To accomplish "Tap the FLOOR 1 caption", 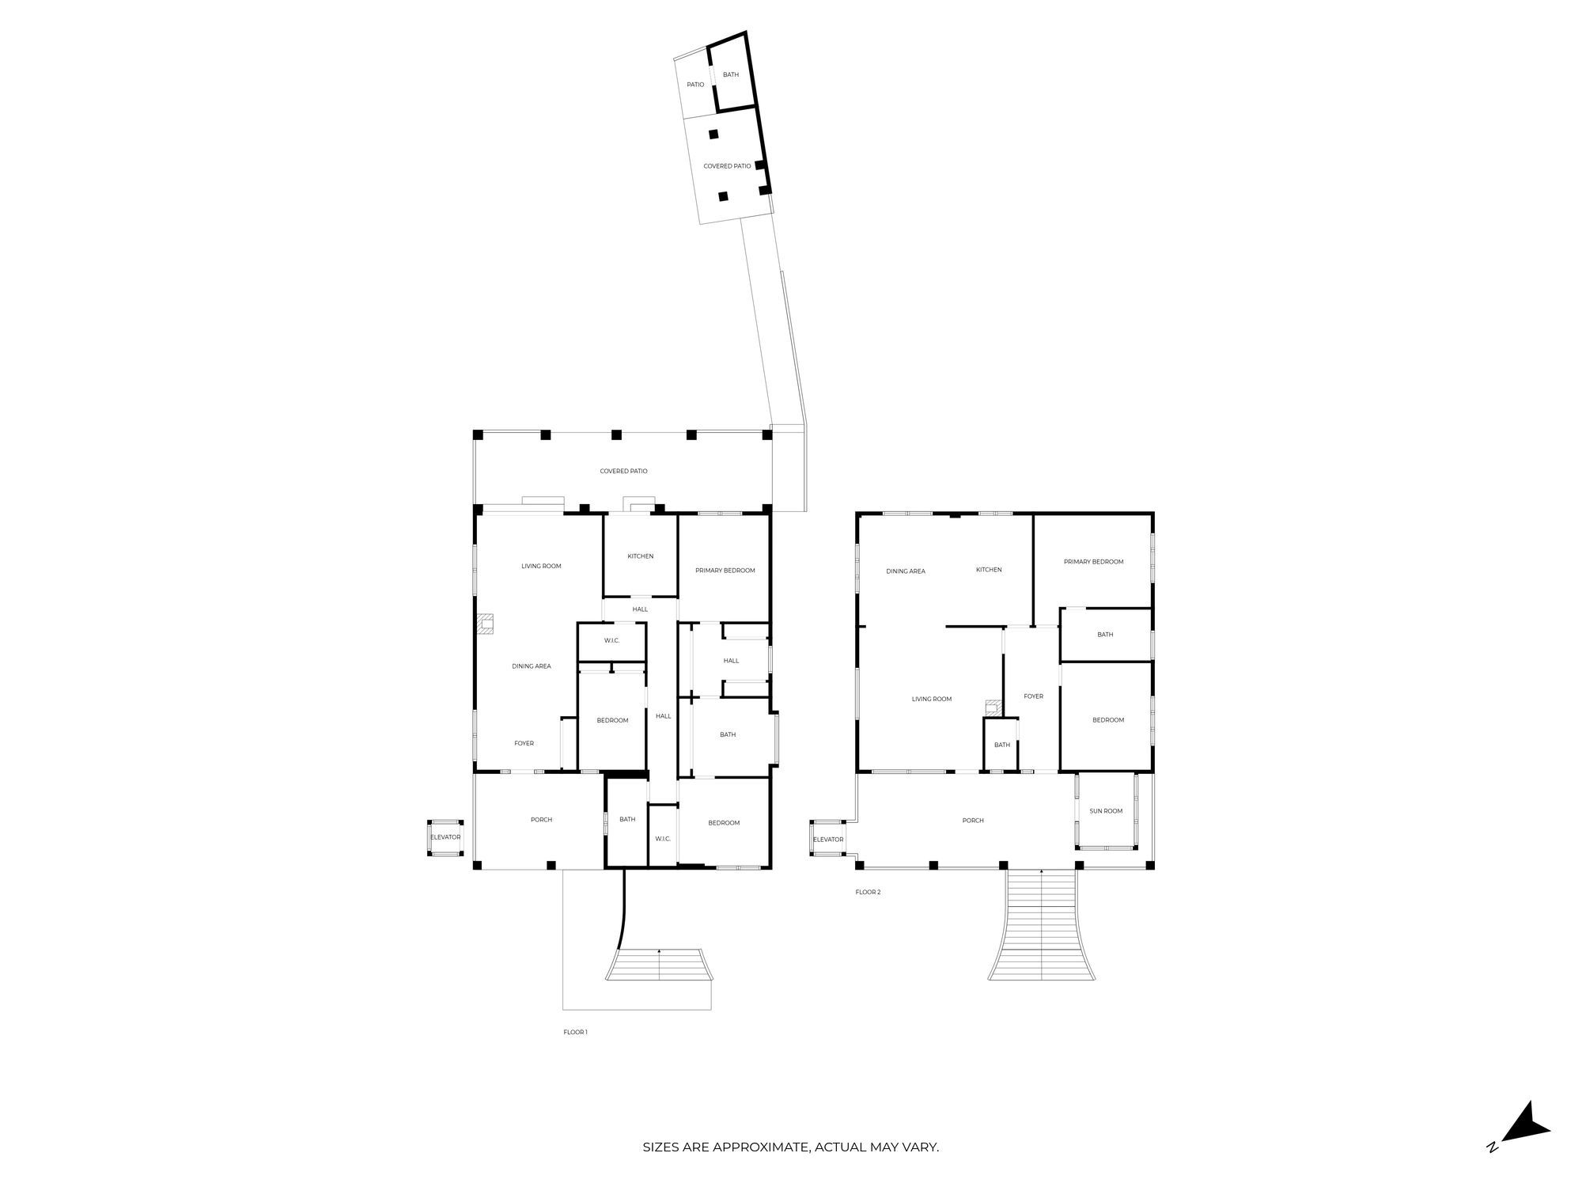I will (x=575, y=1032).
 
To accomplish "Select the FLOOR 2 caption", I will (x=868, y=892).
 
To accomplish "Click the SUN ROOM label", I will (x=1106, y=811).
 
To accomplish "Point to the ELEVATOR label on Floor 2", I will (x=828, y=840).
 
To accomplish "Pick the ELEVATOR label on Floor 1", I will (x=445, y=837).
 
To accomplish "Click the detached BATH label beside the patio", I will (x=731, y=75).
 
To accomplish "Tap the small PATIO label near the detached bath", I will (x=695, y=85).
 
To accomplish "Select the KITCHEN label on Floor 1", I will (x=641, y=556).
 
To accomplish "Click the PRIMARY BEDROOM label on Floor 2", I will (x=1093, y=562).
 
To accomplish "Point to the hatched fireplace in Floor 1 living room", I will (x=485, y=624).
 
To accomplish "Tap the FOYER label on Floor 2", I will (x=1033, y=696).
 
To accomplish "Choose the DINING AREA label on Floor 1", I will (x=532, y=666).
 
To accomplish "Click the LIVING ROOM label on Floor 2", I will (x=932, y=699).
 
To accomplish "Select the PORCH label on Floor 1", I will (x=542, y=820).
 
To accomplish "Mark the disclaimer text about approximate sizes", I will (x=790, y=1147).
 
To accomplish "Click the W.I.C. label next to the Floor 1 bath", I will (x=663, y=839).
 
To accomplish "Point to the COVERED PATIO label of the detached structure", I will (x=727, y=166).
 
